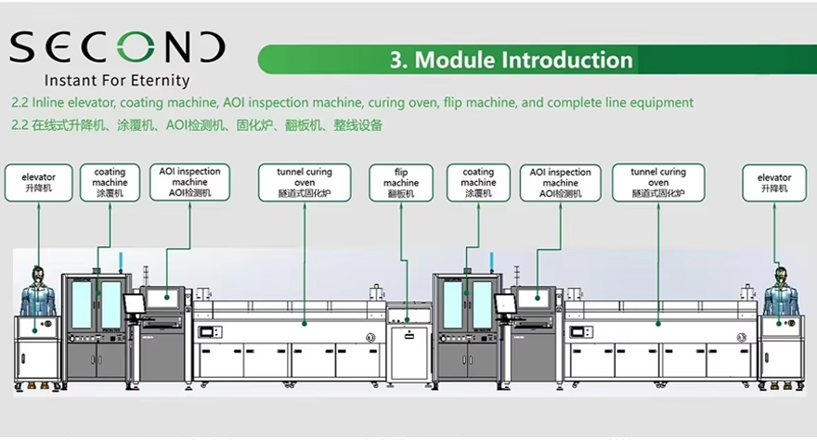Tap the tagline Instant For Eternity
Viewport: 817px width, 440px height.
[117, 81]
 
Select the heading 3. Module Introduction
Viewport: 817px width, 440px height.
[511, 60]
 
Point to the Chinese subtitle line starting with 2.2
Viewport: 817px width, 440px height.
[196, 124]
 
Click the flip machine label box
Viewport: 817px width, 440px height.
[401, 183]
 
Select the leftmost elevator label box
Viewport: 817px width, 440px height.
[39, 183]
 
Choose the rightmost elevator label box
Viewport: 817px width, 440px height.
[774, 183]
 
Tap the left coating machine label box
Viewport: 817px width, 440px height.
[110, 183]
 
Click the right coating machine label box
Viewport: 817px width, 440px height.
[478, 183]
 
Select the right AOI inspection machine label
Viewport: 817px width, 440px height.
[561, 183]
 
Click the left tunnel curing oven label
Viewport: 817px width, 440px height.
[304, 183]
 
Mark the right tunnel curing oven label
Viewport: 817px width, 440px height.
[658, 183]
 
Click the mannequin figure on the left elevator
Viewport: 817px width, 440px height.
[37, 290]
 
